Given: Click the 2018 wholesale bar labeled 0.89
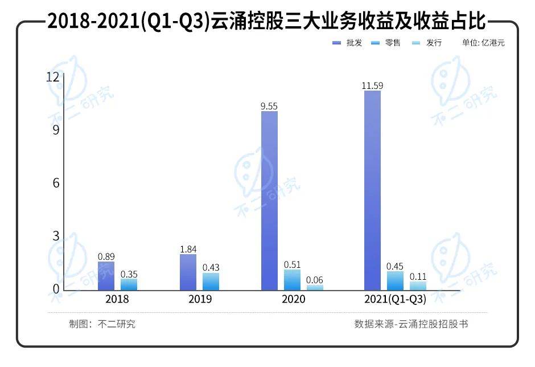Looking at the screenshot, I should (106, 276).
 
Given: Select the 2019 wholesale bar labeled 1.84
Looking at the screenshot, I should (188, 272).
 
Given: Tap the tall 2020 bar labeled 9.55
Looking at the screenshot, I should (270, 201).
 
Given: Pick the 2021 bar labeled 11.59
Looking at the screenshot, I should (372, 190).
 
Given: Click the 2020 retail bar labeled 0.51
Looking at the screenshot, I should (292, 280).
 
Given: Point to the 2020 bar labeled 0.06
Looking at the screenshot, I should (315, 288).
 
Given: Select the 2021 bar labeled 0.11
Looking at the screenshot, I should (418, 286).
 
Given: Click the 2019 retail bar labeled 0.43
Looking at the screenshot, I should (211, 282).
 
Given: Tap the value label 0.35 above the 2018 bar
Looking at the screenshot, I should (129, 274).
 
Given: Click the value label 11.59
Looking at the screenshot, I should (372, 86).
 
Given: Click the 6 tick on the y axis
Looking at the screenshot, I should (56, 183).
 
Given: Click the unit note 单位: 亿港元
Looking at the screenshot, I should (483, 43).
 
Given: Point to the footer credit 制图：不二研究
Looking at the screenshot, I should (102, 324).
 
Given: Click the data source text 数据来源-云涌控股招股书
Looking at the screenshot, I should (411, 324).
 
